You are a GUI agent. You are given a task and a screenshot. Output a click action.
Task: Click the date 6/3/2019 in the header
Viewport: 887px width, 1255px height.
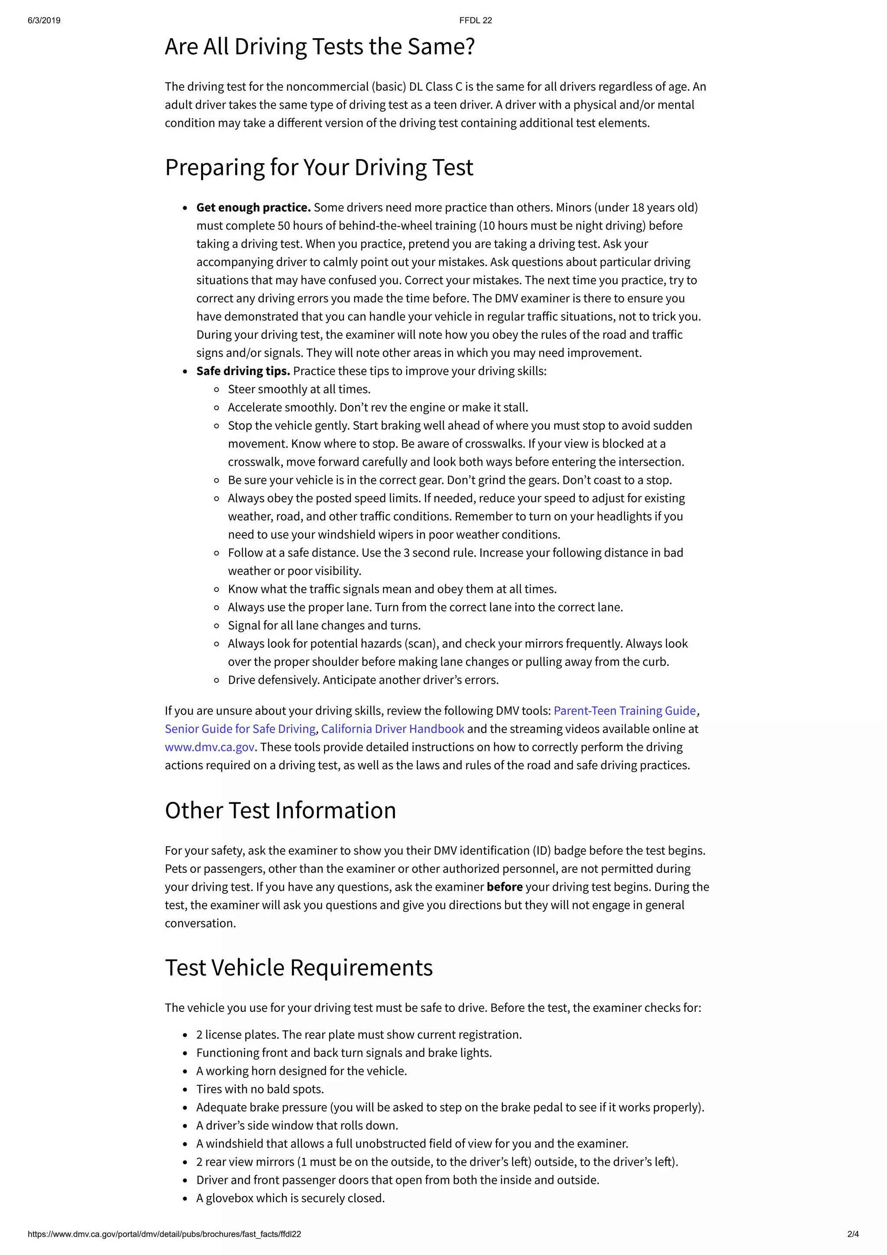pyautogui.click(x=44, y=21)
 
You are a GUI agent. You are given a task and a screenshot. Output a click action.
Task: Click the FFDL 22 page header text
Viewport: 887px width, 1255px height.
pyautogui.click(x=475, y=21)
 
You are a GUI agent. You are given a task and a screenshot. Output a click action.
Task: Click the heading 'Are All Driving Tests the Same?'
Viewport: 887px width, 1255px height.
pyautogui.click(x=320, y=47)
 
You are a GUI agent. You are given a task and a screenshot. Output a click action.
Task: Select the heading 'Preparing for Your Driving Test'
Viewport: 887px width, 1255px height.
pyautogui.click(x=319, y=168)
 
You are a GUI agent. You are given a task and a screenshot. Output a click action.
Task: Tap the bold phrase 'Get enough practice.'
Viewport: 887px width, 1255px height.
pyautogui.click(x=253, y=208)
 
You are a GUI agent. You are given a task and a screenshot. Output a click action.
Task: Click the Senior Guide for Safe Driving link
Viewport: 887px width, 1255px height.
pyautogui.click(x=240, y=729)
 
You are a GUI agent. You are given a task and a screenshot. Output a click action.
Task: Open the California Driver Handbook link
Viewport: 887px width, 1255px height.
pyautogui.click(x=392, y=729)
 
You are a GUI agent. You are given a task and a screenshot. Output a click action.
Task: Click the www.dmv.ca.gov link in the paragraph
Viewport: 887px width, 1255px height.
pyautogui.click(x=209, y=747)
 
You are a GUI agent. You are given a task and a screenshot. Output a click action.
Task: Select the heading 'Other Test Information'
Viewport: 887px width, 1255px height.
pyautogui.click(x=280, y=811)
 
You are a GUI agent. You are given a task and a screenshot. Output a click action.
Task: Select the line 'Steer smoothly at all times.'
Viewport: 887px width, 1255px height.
pyautogui.click(x=299, y=389)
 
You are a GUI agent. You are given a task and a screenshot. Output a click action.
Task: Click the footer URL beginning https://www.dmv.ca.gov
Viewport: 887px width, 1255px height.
pyautogui.click(x=164, y=1234)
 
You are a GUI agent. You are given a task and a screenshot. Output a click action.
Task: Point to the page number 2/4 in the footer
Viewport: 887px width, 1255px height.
pyautogui.click(x=853, y=1234)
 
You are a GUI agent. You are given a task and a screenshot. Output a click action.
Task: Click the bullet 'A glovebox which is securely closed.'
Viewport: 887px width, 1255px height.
pyautogui.click(x=290, y=1198)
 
